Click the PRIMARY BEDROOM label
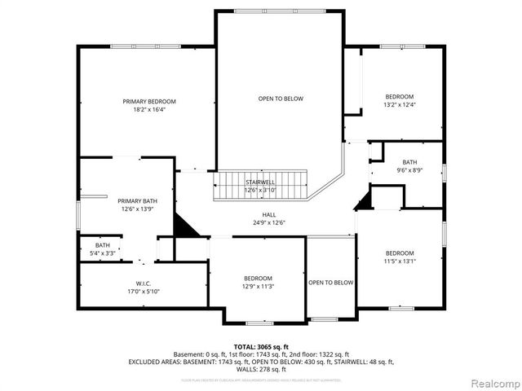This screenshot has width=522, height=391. click(x=149, y=102)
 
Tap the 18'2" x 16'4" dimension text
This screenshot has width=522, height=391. click(x=149, y=110)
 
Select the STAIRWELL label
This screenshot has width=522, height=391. click(x=261, y=182)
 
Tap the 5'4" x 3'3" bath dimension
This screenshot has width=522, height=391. click(x=102, y=253)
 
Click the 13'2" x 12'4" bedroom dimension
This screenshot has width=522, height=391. click(x=399, y=105)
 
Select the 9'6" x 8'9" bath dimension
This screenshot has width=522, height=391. click(x=409, y=170)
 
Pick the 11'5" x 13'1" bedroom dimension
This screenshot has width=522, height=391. click(x=400, y=261)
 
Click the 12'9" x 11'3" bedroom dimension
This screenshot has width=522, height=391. click(x=258, y=287)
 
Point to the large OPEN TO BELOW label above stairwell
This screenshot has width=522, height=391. click(x=281, y=99)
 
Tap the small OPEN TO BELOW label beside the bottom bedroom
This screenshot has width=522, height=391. click(x=331, y=283)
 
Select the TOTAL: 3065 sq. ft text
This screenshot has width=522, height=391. click(x=261, y=346)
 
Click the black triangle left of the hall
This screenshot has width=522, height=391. click(x=186, y=227)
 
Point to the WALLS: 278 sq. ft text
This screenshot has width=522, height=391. click(x=261, y=369)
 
